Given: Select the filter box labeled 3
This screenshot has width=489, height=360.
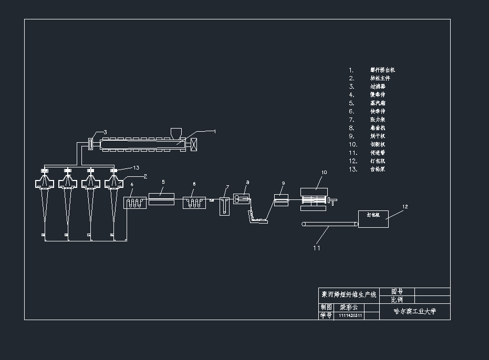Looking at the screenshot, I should (90, 143).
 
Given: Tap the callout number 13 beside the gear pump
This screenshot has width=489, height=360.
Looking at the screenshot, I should (136, 168).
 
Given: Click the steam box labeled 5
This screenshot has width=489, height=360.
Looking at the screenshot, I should (161, 198).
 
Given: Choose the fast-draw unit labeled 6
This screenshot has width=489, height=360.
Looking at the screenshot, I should (194, 202).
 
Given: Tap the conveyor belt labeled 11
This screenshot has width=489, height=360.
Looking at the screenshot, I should (329, 225).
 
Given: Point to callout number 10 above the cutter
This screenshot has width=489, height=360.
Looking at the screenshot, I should (324, 172).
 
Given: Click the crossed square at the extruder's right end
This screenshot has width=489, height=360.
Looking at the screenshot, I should (193, 144).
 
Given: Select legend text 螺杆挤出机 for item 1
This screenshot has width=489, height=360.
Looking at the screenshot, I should (382, 70).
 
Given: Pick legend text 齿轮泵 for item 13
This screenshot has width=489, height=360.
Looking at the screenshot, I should (378, 169).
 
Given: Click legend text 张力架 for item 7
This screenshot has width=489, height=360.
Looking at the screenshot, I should (378, 120).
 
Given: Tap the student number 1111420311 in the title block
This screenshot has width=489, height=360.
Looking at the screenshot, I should (351, 315).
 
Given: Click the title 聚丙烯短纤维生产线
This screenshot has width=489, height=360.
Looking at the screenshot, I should (349, 295).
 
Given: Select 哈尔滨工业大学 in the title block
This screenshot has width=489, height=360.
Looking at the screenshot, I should (414, 311).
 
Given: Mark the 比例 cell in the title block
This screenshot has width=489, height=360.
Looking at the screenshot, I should (397, 300).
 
